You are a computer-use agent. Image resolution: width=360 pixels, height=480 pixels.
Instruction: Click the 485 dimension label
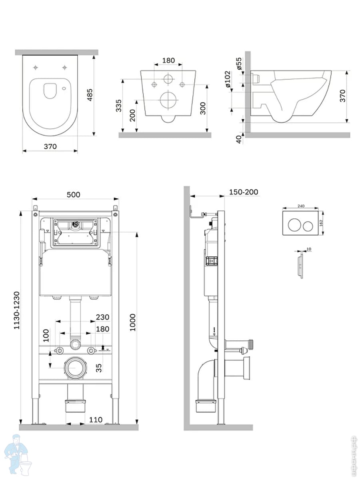[x=90, y=94]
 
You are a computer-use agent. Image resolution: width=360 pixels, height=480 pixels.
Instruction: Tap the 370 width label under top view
[x=50, y=146]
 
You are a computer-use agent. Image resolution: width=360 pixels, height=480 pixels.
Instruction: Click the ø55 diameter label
[x=239, y=64]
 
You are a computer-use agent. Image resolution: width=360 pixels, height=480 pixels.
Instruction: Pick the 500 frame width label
[x=73, y=194]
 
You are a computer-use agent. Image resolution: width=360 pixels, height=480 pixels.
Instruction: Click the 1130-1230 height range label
[x=17, y=310]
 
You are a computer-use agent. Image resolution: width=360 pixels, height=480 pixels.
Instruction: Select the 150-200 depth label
[x=244, y=192]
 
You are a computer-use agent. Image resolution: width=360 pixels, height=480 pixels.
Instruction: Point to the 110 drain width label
[x=95, y=420]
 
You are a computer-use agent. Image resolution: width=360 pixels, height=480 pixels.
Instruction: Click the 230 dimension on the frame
[x=102, y=317]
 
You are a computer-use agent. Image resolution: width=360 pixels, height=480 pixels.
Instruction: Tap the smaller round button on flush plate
[x=308, y=226]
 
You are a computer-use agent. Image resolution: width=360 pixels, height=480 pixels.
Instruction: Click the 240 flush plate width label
[x=301, y=206]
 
